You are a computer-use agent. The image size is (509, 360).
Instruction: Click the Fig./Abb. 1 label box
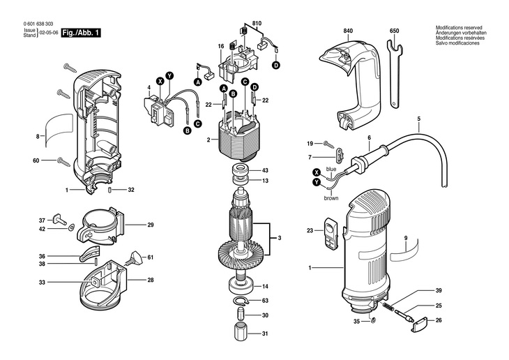[x=81, y=33]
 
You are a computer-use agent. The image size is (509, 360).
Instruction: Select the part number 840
[x=349, y=31]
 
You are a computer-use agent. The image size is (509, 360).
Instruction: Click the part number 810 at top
[x=257, y=24]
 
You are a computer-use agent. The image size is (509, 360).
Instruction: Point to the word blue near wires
[x=331, y=170]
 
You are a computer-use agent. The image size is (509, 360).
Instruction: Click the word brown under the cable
[x=331, y=198]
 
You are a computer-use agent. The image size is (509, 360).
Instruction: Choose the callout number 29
[x=150, y=225]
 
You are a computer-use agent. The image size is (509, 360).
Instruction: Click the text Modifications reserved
[x=457, y=28]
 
